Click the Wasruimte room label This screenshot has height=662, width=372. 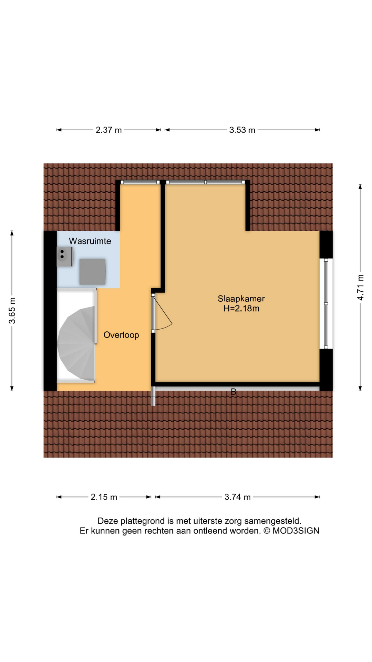[x=90, y=241]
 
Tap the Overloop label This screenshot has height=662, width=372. [x=121, y=335]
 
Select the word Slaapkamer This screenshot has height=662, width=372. [x=241, y=299]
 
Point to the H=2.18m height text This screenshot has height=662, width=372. [x=241, y=309]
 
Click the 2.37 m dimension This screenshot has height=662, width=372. [x=108, y=130]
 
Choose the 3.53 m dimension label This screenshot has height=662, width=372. [x=242, y=130]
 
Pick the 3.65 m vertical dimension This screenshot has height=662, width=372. [x=12, y=310]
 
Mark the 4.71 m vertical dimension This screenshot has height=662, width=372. [x=360, y=287]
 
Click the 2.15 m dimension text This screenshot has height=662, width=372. [x=104, y=497]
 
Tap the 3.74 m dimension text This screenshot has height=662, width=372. [x=237, y=497]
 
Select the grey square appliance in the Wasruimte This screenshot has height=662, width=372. [x=92, y=272]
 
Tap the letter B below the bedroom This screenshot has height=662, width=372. [x=234, y=392]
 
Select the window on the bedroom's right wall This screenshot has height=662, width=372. [x=326, y=303]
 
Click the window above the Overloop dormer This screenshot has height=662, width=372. [x=140, y=182]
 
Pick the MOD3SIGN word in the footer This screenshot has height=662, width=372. [x=296, y=531]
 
